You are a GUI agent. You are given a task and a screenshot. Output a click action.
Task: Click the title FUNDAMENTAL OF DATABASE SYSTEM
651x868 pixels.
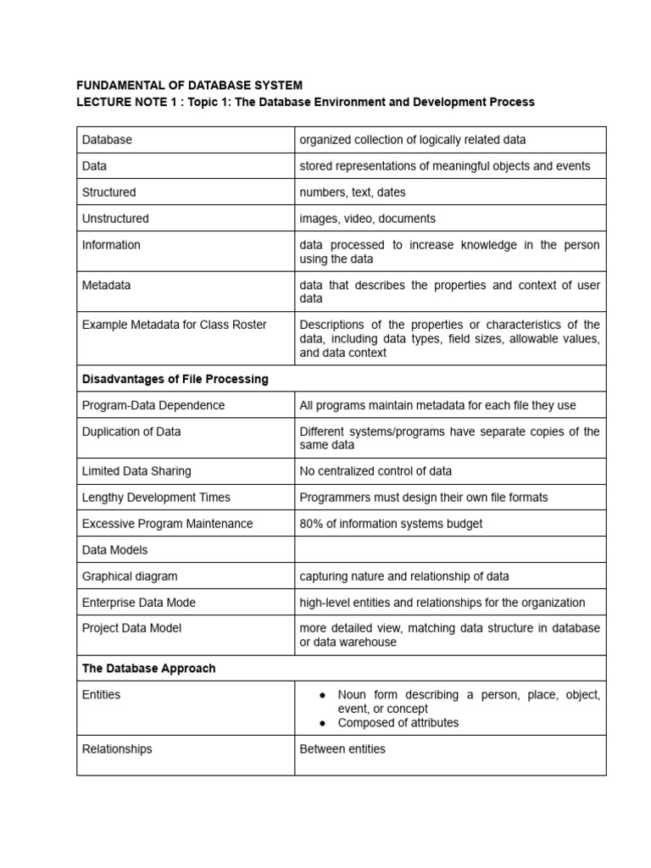(189, 86)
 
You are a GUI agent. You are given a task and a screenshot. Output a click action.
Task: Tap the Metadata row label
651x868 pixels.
(107, 285)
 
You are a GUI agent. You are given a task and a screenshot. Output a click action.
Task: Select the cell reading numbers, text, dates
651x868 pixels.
(353, 192)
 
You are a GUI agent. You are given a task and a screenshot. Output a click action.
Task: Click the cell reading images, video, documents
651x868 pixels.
(367, 219)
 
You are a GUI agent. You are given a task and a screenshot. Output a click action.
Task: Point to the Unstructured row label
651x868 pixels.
(115, 219)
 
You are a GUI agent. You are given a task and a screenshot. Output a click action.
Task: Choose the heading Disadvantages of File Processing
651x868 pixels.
(175, 379)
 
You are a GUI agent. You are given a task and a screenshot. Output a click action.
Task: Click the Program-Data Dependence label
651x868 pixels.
(153, 405)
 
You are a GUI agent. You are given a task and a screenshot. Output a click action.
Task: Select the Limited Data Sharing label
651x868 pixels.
(136, 471)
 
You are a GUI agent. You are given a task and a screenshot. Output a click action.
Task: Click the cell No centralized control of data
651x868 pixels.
(376, 471)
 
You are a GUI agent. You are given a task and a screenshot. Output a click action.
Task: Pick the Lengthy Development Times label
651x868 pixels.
(156, 498)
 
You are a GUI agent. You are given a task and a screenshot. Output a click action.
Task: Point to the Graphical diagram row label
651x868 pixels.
(130, 576)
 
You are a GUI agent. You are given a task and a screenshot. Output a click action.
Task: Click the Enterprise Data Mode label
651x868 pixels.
(139, 603)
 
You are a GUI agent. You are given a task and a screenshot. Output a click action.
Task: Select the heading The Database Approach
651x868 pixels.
(149, 669)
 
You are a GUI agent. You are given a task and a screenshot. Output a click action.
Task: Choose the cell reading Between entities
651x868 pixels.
(342, 749)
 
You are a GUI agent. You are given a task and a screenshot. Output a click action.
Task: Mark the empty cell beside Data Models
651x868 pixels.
(450, 550)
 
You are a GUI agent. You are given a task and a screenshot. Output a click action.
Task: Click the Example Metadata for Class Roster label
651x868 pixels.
(175, 325)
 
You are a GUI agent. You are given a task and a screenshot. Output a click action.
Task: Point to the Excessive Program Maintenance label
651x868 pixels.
(167, 524)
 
